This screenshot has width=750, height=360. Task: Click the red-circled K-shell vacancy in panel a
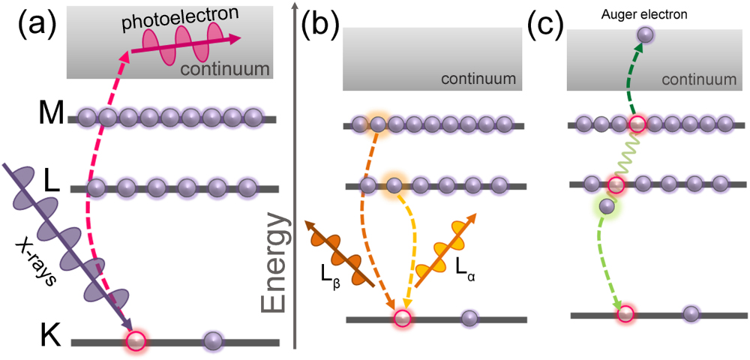tap(135, 341)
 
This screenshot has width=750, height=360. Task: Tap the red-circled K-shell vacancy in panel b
tap(403, 319)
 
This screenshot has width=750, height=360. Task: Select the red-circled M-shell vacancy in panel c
tap(638, 123)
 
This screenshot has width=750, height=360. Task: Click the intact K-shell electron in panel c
tap(691, 313)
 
